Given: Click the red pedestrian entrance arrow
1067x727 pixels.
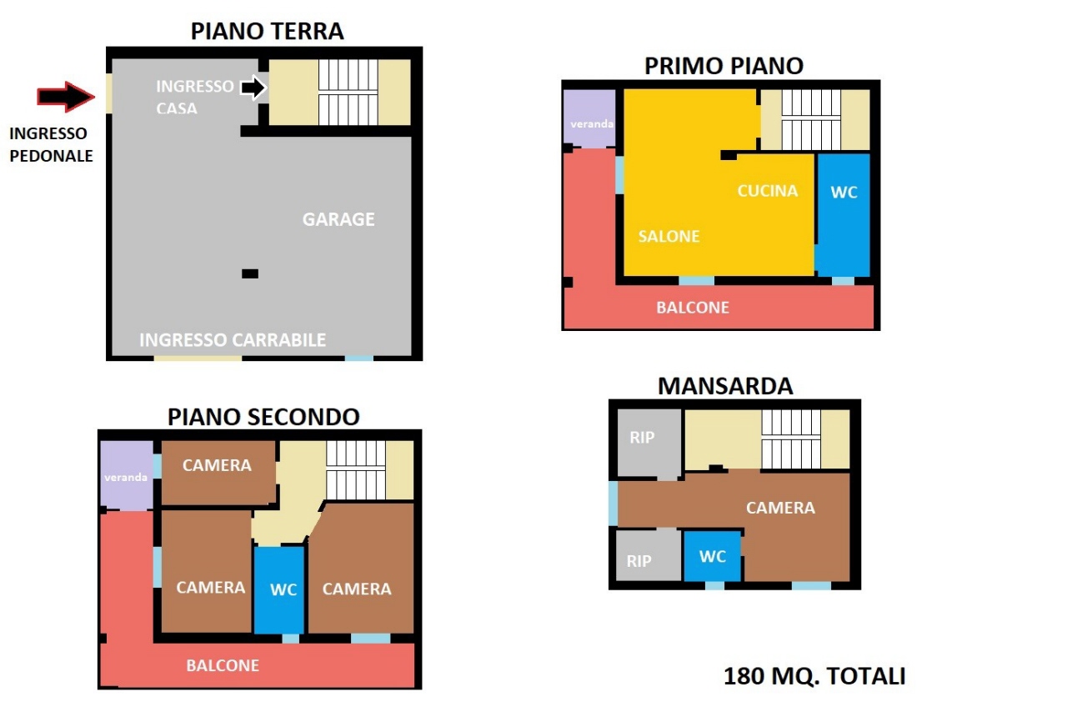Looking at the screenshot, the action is click(66, 97).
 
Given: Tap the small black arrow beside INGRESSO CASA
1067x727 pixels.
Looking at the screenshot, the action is click(253, 88).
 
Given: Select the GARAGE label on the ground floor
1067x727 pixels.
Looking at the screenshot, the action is click(338, 219).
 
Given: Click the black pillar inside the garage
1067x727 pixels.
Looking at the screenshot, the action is click(250, 273).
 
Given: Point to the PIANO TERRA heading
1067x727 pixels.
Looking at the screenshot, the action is click(268, 32).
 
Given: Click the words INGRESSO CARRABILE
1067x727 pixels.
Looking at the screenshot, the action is click(233, 339).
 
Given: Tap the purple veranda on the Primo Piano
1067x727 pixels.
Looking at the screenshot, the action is click(589, 118).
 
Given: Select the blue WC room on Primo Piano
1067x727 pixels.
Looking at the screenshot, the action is click(844, 214).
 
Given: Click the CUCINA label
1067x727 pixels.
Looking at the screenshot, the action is click(768, 191).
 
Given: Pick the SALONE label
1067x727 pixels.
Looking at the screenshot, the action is click(669, 236).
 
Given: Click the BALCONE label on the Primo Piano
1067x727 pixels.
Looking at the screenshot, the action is click(693, 308).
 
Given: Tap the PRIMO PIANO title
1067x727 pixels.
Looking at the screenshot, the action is click(724, 66).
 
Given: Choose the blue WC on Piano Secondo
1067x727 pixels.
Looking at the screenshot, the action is click(279, 589).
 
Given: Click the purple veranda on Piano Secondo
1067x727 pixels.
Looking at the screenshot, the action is click(126, 475).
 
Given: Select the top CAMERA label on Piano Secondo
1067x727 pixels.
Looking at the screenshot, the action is click(217, 465).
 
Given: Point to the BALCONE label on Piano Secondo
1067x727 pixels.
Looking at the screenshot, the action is click(223, 665).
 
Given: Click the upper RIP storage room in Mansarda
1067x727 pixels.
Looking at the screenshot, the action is click(649, 443).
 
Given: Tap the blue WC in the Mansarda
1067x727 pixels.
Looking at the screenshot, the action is click(713, 556).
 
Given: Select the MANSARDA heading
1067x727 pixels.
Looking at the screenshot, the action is click(725, 386).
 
